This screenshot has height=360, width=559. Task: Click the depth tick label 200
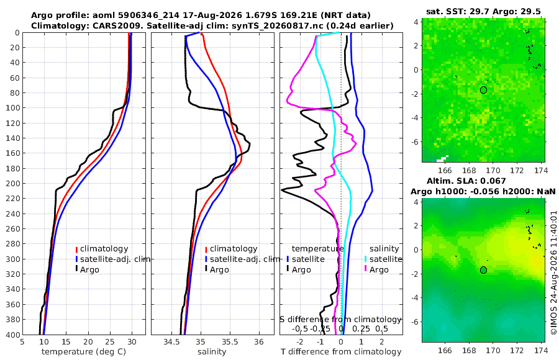[x=12, y=183]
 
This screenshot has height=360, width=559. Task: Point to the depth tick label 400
[x=12, y=335]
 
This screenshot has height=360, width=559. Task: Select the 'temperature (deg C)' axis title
[x=84, y=352]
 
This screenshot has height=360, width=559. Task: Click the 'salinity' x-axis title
[x=212, y=352]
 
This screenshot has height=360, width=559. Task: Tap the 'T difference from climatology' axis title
[x=341, y=352]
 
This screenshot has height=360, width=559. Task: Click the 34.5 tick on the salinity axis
[x=171, y=342]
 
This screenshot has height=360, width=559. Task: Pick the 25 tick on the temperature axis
[x=110, y=342]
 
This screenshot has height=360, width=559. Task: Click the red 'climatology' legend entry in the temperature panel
[x=102, y=249]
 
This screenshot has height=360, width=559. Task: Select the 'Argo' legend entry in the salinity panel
[x=217, y=269]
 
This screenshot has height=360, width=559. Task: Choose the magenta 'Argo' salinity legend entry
[x=376, y=270]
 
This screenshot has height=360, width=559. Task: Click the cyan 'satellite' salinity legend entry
[x=383, y=259]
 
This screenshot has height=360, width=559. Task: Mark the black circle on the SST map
[x=483, y=90]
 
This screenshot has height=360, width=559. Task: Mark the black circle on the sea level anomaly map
[x=483, y=270]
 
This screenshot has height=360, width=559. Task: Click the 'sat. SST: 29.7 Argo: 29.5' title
[x=483, y=11]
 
